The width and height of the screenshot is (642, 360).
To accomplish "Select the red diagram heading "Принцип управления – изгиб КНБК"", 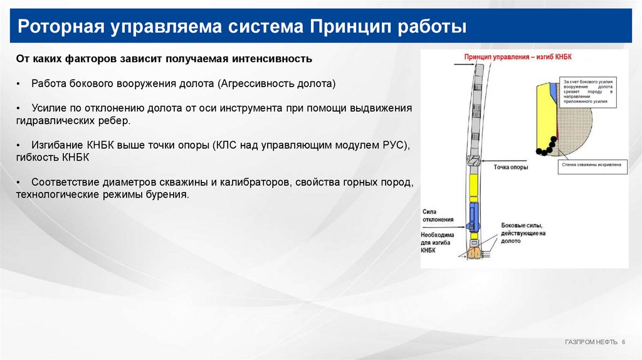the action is click(x=518, y=56).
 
